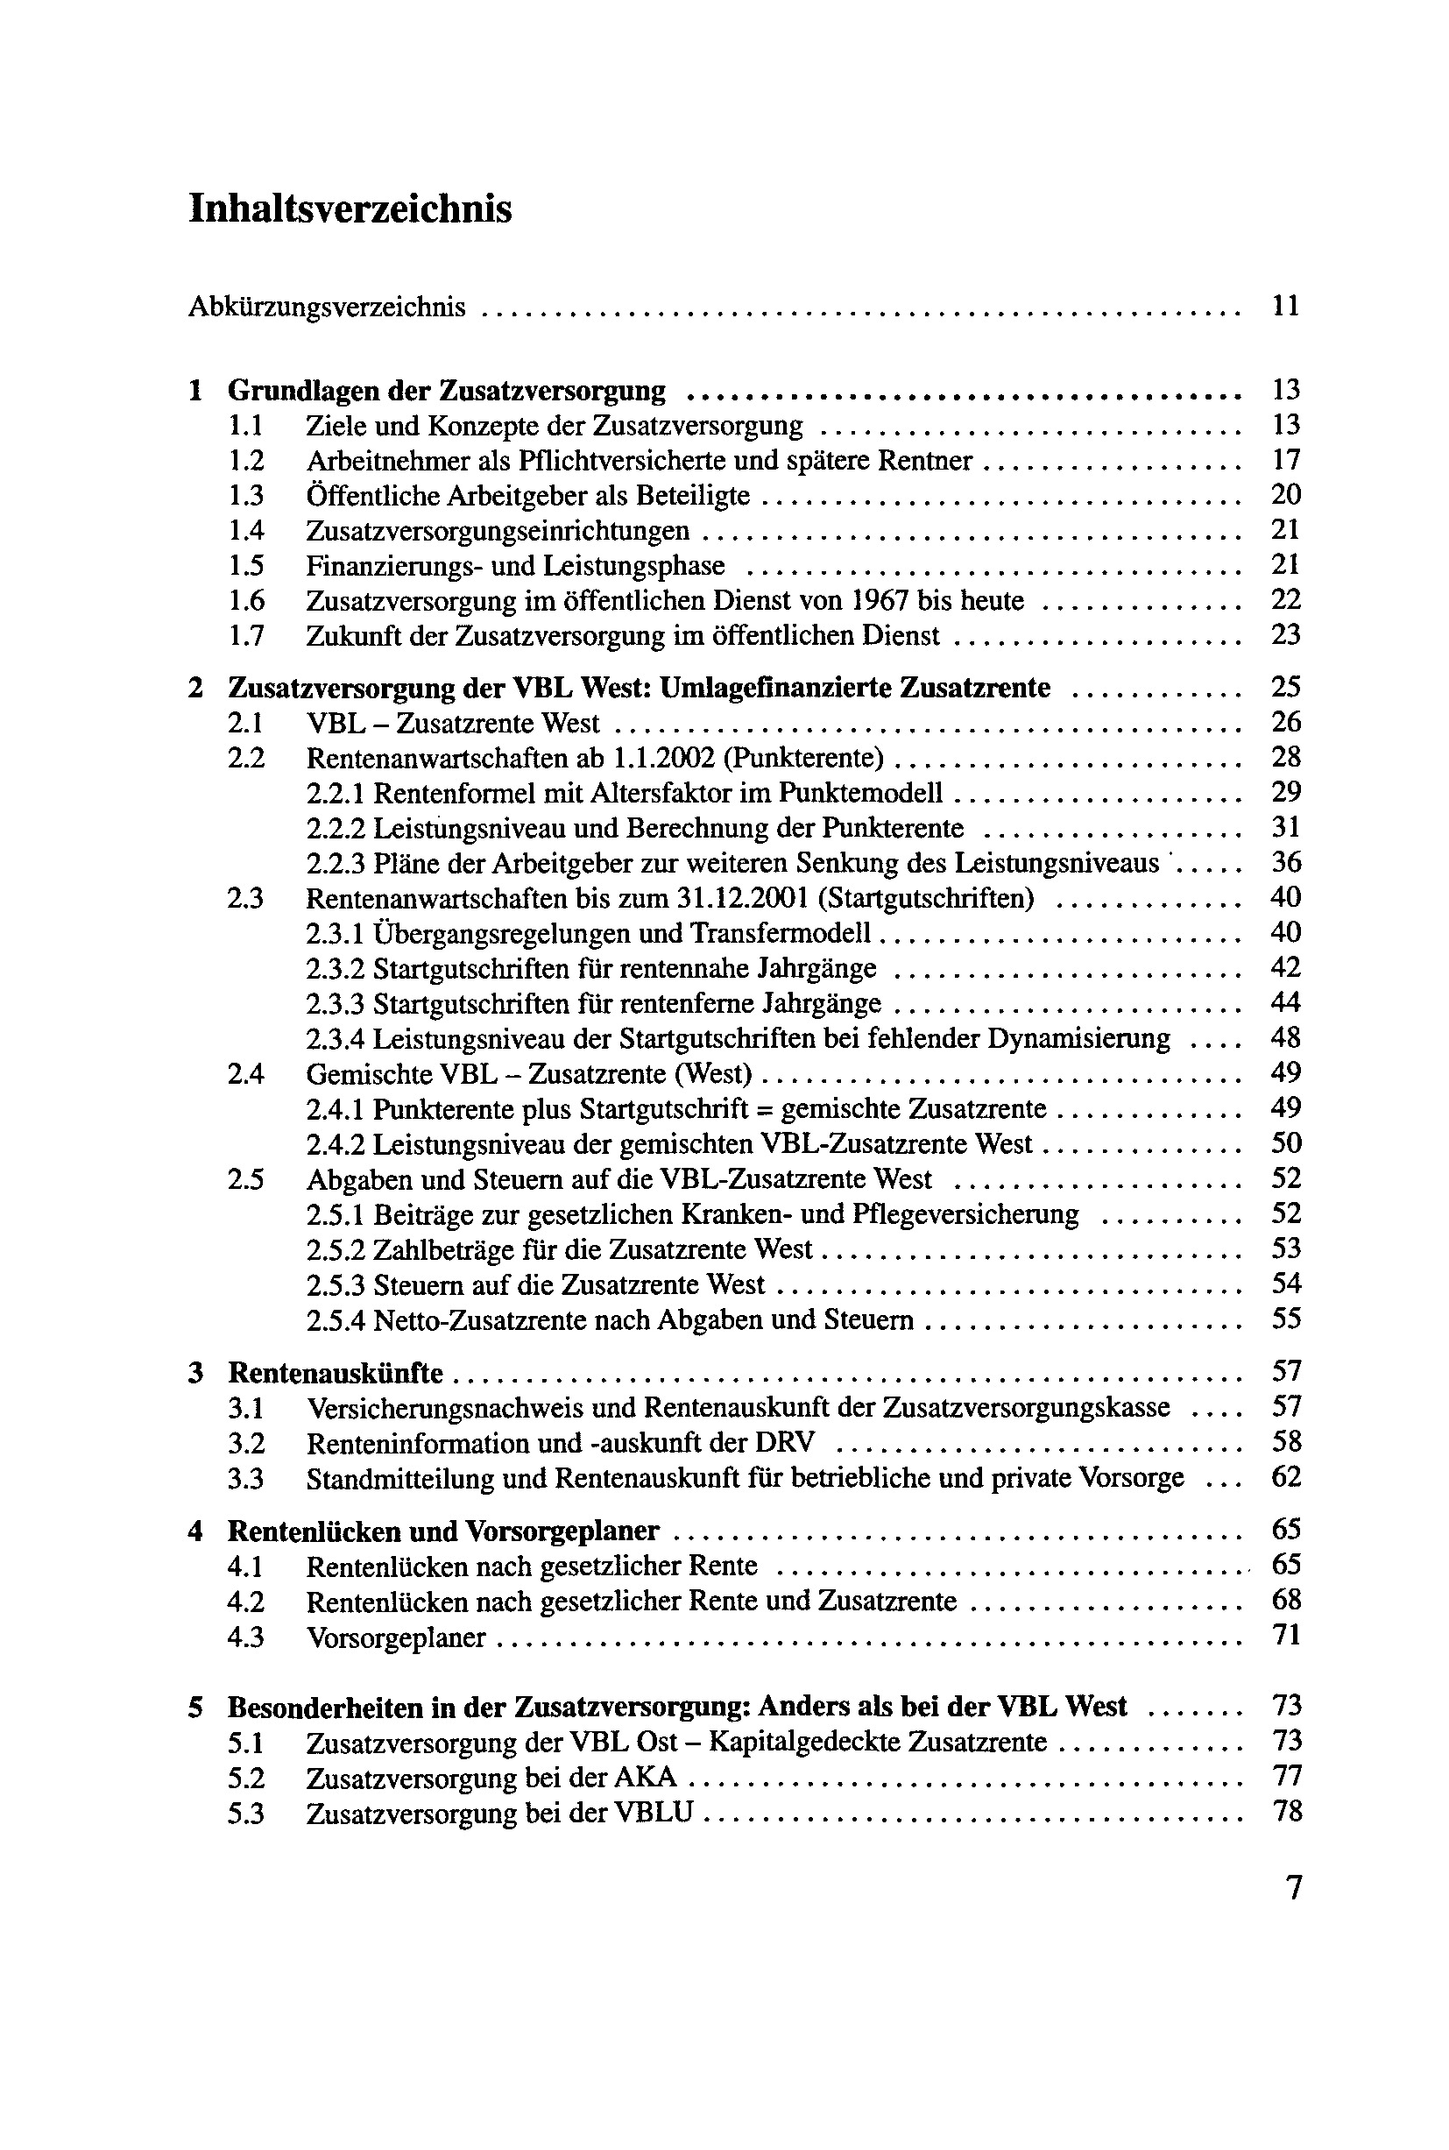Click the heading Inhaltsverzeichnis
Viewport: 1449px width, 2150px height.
350,209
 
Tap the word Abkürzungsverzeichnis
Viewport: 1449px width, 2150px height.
326,307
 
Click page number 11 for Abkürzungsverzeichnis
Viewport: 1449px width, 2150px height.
1285,306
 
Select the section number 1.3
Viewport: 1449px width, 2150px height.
246,496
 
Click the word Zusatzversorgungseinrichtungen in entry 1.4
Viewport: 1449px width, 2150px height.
498,531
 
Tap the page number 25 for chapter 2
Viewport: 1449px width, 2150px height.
1285,688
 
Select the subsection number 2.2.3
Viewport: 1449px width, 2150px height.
336,864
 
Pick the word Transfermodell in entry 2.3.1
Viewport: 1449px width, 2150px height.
781,934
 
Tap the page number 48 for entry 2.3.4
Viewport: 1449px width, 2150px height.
1285,1038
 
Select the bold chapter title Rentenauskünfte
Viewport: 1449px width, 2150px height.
336,1374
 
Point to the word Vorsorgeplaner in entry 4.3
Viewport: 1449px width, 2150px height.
395,1638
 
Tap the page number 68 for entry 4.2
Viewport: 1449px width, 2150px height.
1285,1602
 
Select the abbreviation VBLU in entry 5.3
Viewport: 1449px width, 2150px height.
654,1814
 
